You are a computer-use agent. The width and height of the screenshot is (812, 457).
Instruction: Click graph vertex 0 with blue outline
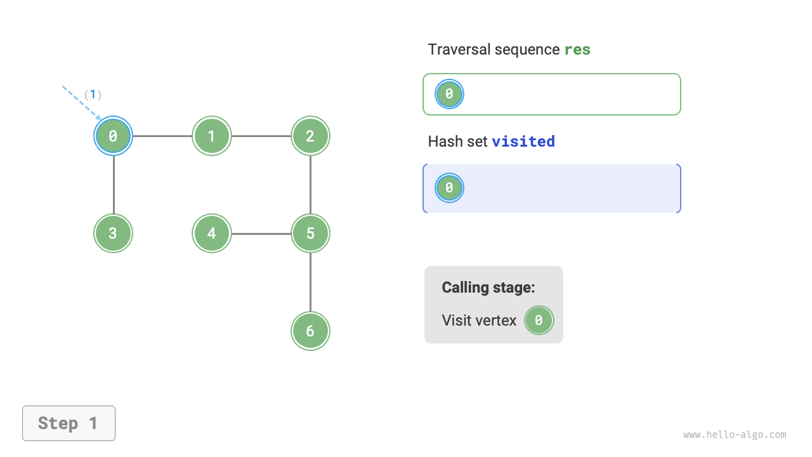click(113, 136)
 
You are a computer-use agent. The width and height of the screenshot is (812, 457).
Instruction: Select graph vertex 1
click(212, 136)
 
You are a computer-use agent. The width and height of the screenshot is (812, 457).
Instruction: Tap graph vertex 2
click(310, 136)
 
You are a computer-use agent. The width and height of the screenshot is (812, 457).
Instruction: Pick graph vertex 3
click(113, 233)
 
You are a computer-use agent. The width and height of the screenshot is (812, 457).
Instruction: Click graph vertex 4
click(212, 233)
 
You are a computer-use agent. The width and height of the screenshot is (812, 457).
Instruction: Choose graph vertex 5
click(310, 233)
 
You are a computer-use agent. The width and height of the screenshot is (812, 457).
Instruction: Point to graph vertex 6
click(310, 331)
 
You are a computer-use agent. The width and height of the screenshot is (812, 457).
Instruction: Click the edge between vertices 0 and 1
click(162, 136)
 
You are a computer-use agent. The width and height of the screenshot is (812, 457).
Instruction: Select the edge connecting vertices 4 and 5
click(261, 234)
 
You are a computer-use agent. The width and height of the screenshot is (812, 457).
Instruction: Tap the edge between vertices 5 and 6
click(310, 282)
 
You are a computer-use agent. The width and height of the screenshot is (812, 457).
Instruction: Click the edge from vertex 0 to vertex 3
click(114, 184)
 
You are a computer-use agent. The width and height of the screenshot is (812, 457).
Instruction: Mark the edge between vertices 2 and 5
click(310, 184)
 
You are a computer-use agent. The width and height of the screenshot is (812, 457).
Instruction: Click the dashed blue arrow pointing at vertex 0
click(81, 102)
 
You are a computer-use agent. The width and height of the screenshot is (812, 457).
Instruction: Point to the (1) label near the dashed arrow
click(93, 95)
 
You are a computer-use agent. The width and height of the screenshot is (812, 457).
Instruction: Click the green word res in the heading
click(577, 50)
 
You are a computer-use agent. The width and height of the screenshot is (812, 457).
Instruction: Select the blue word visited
click(523, 141)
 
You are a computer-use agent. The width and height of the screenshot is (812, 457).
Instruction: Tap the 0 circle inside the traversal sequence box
click(449, 94)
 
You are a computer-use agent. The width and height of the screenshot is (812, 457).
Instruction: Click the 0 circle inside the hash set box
click(449, 188)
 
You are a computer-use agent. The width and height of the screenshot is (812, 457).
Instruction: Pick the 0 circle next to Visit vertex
click(539, 321)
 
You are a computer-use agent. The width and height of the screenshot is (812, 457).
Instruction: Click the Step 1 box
click(69, 423)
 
